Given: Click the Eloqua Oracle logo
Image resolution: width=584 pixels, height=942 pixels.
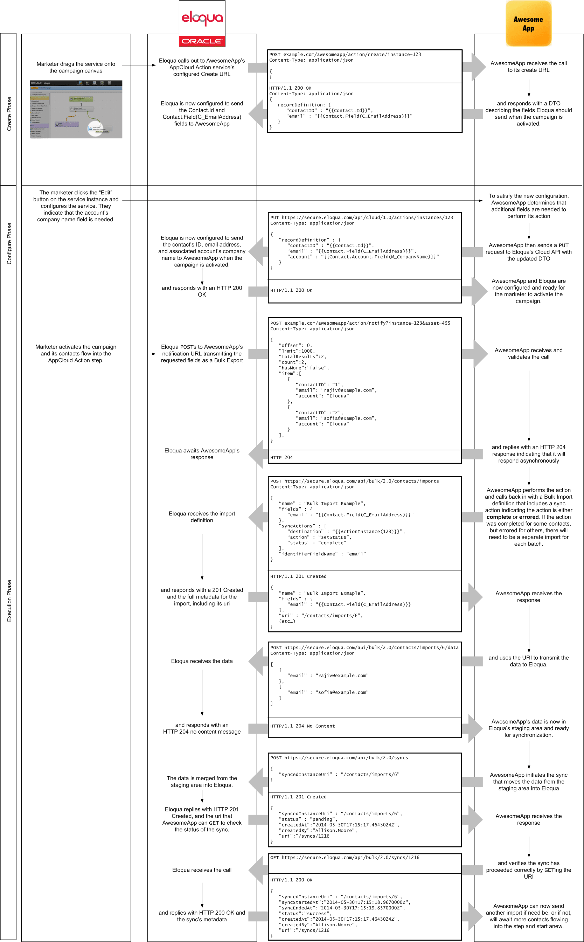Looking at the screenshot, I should [x=202, y=24].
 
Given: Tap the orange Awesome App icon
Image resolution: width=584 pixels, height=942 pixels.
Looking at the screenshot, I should [x=528, y=23].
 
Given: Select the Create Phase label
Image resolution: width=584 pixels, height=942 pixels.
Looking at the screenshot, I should [x=9, y=114].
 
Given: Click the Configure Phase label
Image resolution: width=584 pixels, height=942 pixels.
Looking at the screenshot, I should [x=9, y=243].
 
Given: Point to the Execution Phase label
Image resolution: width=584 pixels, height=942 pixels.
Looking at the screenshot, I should [x=9, y=601].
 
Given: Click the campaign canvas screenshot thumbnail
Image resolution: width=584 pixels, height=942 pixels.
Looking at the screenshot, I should [x=76, y=109].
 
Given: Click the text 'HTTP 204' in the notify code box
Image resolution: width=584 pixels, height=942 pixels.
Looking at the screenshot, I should [x=281, y=457].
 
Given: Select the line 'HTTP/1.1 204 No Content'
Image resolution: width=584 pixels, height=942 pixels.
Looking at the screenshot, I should [x=303, y=726].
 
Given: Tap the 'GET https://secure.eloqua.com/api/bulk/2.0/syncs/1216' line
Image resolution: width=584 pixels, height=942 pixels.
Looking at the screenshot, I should [x=345, y=857].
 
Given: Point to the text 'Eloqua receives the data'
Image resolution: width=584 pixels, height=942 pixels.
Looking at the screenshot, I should [x=202, y=661].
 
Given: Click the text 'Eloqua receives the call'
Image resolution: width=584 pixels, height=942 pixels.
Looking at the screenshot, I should [x=202, y=870].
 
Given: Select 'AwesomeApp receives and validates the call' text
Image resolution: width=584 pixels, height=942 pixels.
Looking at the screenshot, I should [x=528, y=353].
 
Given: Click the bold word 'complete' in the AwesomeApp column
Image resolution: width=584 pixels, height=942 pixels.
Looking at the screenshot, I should [x=499, y=517].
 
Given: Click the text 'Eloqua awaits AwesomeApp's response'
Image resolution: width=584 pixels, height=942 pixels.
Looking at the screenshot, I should [x=202, y=454].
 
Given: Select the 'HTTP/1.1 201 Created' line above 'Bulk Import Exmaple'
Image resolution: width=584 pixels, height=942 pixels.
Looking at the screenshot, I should [x=298, y=576].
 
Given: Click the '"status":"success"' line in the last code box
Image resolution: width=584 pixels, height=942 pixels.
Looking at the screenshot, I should [x=305, y=913].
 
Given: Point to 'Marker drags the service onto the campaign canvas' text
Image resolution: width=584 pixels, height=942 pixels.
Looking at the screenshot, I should [x=76, y=67].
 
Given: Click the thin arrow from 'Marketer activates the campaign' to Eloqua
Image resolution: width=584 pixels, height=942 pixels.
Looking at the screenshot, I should [x=139, y=354].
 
